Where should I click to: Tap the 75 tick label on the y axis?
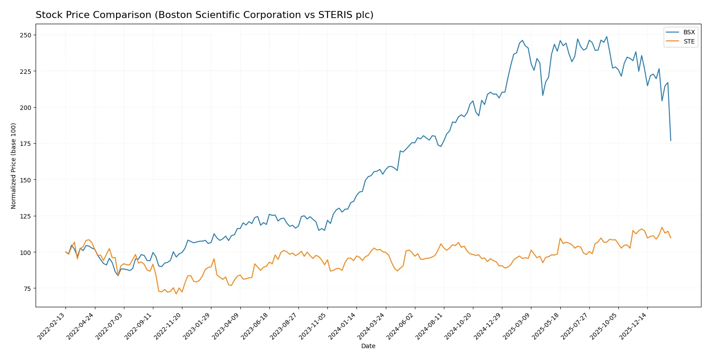tap(27, 289)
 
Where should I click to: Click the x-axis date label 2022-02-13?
tap(52, 326)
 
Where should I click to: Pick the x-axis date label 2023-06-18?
tap(256, 326)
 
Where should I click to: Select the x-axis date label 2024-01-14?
tap(343, 326)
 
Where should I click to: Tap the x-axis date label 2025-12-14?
tap(634, 326)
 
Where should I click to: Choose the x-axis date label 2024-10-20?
tap(459, 326)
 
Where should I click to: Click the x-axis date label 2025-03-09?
tap(517, 326)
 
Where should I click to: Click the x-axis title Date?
tap(368, 346)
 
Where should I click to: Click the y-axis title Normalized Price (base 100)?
tap(14, 166)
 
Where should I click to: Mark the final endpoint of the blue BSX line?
tap(671, 141)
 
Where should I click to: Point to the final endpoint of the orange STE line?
tap(671, 238)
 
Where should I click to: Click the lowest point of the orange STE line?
tap(176, 294)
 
